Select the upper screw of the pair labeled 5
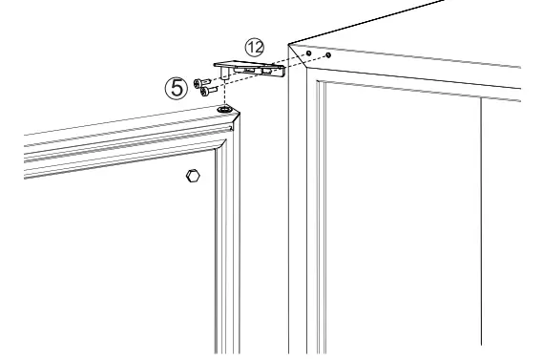(198, 84)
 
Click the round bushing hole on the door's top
(224, 110)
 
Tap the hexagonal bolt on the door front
(191, 177)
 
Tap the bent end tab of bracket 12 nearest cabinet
(279, 74)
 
